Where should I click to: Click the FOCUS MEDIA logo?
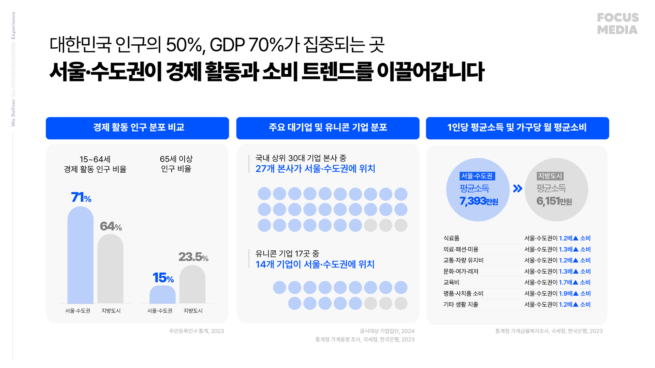click(617, 24)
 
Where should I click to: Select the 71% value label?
click(81, 197)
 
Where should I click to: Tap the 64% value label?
click(111, 226)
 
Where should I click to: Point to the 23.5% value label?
click(193, 257)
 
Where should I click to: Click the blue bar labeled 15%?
click(162, 294)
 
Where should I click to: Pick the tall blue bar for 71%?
click(81, 256)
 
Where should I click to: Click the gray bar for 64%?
click(110, 269)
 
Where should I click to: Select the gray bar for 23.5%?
click(192, 285)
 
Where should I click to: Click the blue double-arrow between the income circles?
click(518, 188)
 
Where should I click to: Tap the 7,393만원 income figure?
click(479, 201)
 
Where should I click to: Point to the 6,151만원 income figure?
click(554, 201)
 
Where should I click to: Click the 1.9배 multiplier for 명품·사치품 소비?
click(566, 293)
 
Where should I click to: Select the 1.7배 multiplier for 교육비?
click(566, 282)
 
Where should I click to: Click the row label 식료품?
click(451, 238)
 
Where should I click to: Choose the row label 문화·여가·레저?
click(461, 271)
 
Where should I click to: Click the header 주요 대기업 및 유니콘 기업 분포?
click(327, 128)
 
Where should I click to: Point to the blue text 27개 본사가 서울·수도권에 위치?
click(315, 169)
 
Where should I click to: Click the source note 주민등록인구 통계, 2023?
click(196, 331)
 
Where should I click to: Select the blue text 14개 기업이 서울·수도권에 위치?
click(315, 264)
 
